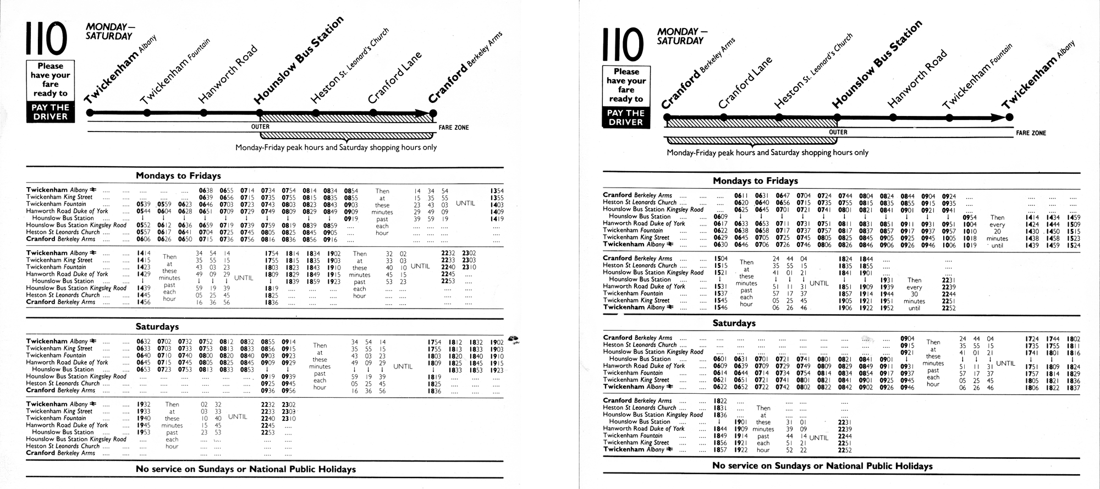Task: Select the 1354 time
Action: (497, 191)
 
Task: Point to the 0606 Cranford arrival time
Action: (144, 239)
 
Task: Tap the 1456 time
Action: (144, 302)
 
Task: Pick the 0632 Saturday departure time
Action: (144, 342)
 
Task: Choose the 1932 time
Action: (144, 404)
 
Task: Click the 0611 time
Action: (741, 195)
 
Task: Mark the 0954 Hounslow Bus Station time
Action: (970, 217)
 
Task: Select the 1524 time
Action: (1073, 245)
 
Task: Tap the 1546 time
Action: (721, 308)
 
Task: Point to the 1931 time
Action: (887, 280)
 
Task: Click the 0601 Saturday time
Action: (721, 359)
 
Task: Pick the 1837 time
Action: (1073, 388)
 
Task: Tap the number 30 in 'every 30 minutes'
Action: (914, 294)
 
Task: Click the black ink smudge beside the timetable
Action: (515, 339)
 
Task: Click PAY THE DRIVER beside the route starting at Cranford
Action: (626, 117)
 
